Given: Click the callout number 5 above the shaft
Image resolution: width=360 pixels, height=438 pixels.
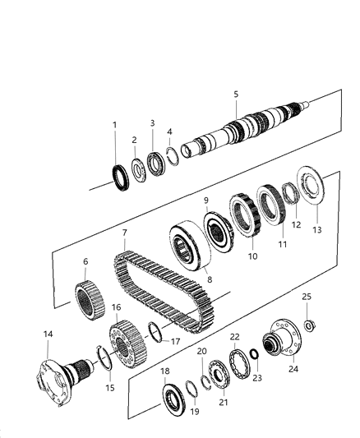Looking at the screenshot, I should [235, 95].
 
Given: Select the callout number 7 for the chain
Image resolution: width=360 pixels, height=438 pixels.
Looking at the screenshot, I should [124, 233].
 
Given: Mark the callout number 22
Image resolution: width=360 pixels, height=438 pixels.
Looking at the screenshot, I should [235, 337].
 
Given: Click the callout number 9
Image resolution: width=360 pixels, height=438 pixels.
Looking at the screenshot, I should [205, 200].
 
